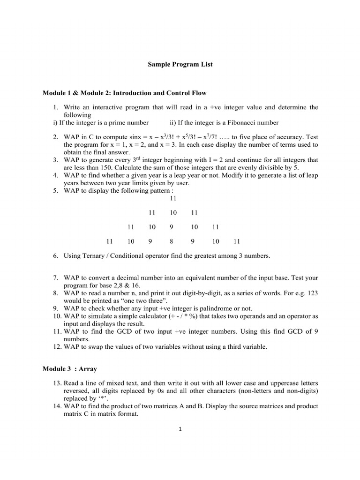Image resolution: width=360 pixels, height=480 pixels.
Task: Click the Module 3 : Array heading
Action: (69, 369)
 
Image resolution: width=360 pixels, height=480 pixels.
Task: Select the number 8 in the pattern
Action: (172, 242)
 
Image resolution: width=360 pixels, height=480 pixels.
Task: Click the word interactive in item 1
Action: (104, 107)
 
